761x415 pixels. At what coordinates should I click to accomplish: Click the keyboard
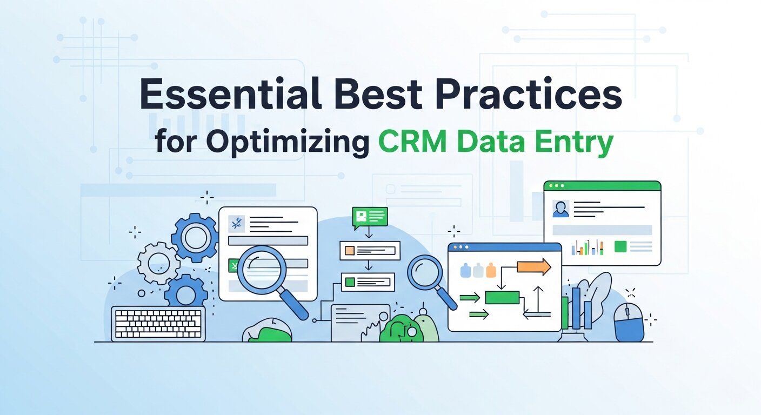coord(158,323)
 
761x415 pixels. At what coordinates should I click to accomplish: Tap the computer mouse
coord(629,322)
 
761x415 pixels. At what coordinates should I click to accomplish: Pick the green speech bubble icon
coord(370,217)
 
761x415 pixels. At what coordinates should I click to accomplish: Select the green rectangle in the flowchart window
coord(502,297)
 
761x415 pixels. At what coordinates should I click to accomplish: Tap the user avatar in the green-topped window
coord(560,209)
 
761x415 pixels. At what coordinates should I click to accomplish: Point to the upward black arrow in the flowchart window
coord(538,298)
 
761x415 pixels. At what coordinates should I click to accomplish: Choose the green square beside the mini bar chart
coord(620,247)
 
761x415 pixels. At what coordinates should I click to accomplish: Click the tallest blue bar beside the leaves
coord(576,308)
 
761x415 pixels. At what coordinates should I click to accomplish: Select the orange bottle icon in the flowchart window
coord(490,270)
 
